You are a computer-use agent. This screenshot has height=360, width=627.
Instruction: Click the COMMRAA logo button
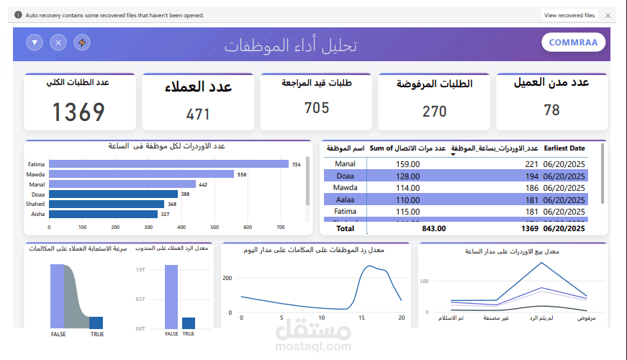(x=573, y=42)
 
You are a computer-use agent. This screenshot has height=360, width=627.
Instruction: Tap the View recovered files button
(x=569, y=15)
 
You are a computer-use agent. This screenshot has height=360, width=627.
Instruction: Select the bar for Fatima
(x=158, y=164)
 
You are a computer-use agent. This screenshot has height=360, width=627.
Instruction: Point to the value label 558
(x=242, y=174)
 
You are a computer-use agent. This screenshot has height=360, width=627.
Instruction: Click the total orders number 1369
(x=78, y=112)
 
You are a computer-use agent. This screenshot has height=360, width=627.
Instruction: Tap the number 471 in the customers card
(x=198, y=114)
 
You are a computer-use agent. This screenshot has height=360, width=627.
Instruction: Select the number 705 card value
(x=317, y=108)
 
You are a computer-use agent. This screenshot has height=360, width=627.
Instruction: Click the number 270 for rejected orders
(x=434, y=112)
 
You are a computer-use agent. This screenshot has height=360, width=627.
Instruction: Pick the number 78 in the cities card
(x=551, y=110)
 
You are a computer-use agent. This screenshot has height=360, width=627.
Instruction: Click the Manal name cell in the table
(x=345, y=164)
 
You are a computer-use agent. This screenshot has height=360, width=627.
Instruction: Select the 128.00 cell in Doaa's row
(x=407, y=176)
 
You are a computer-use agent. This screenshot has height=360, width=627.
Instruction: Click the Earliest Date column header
(x=565, y=148)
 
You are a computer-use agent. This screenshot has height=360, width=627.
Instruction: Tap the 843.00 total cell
(x=433, y=228)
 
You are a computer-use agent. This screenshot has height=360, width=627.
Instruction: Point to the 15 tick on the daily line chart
(x=361, y=317)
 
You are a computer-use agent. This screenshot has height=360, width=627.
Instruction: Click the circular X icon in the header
(x=59, y=42)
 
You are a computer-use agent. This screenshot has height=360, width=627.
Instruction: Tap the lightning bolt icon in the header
(x=83, y=42)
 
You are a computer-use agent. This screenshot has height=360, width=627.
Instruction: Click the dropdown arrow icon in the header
(x=35, y=42)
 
